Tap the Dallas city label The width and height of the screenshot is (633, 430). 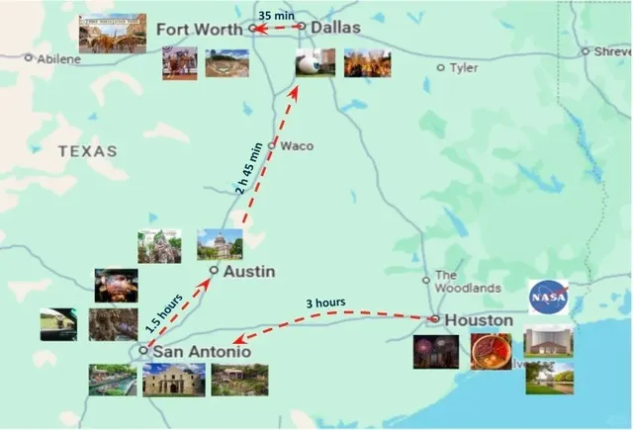335,28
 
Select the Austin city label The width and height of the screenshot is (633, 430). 247,271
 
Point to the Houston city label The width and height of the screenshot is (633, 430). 479,320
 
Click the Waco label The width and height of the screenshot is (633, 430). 297,146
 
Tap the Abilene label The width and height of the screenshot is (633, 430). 59,59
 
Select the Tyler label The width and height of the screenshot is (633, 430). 463,68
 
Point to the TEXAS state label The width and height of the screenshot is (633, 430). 87,151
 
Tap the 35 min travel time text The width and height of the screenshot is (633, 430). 276,15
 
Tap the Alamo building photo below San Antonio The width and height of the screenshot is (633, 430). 173,380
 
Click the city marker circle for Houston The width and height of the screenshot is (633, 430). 434,319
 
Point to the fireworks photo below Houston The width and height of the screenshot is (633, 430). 435,351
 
